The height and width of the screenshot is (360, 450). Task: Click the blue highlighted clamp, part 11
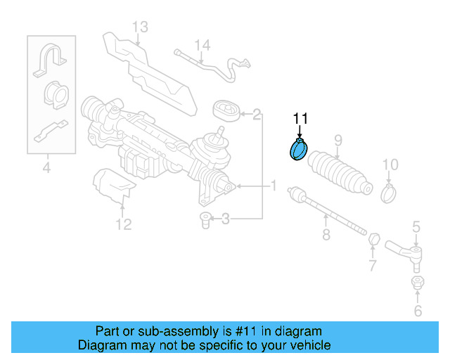point(298,150)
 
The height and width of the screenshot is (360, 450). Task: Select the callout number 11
point(301,118)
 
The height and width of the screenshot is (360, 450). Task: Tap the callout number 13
point(140,27)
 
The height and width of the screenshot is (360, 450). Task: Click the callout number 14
point(202,46)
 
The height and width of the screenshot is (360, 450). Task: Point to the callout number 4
point(46,167)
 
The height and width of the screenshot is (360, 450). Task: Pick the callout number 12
point(123,224)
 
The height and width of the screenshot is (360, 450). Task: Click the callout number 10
point(390,165)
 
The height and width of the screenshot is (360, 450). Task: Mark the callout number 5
point(416,226)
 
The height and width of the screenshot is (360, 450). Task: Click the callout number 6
point(417,310)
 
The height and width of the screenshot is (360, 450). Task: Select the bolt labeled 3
point(205,220)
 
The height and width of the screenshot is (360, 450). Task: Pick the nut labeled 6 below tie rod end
point(416,283)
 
